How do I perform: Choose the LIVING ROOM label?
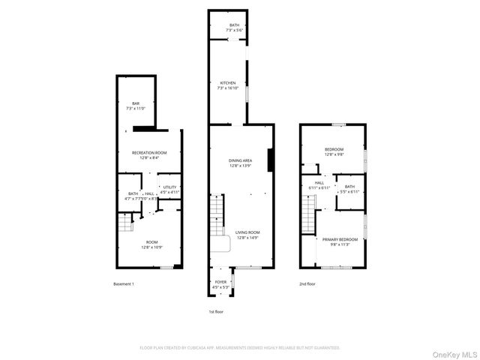coord(247,235)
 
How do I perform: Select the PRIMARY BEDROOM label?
coord(340,241)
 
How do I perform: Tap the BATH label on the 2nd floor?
coord(350,188)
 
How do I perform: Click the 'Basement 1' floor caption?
coord(124,284)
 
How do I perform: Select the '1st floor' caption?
coord(216,311)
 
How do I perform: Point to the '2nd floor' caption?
coord(307,284)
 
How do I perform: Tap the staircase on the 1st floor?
coord(217,214)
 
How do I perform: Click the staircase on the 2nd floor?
coord(308,211)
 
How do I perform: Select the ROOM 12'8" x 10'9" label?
coord(151,244)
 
